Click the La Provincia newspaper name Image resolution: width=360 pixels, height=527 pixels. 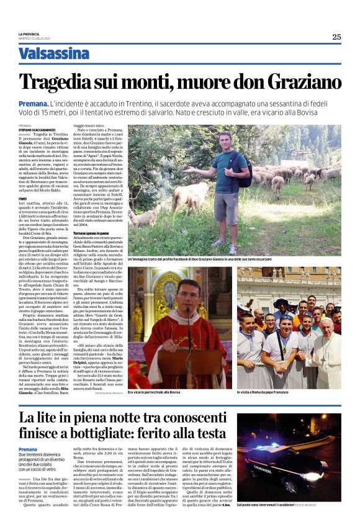[29, 33]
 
